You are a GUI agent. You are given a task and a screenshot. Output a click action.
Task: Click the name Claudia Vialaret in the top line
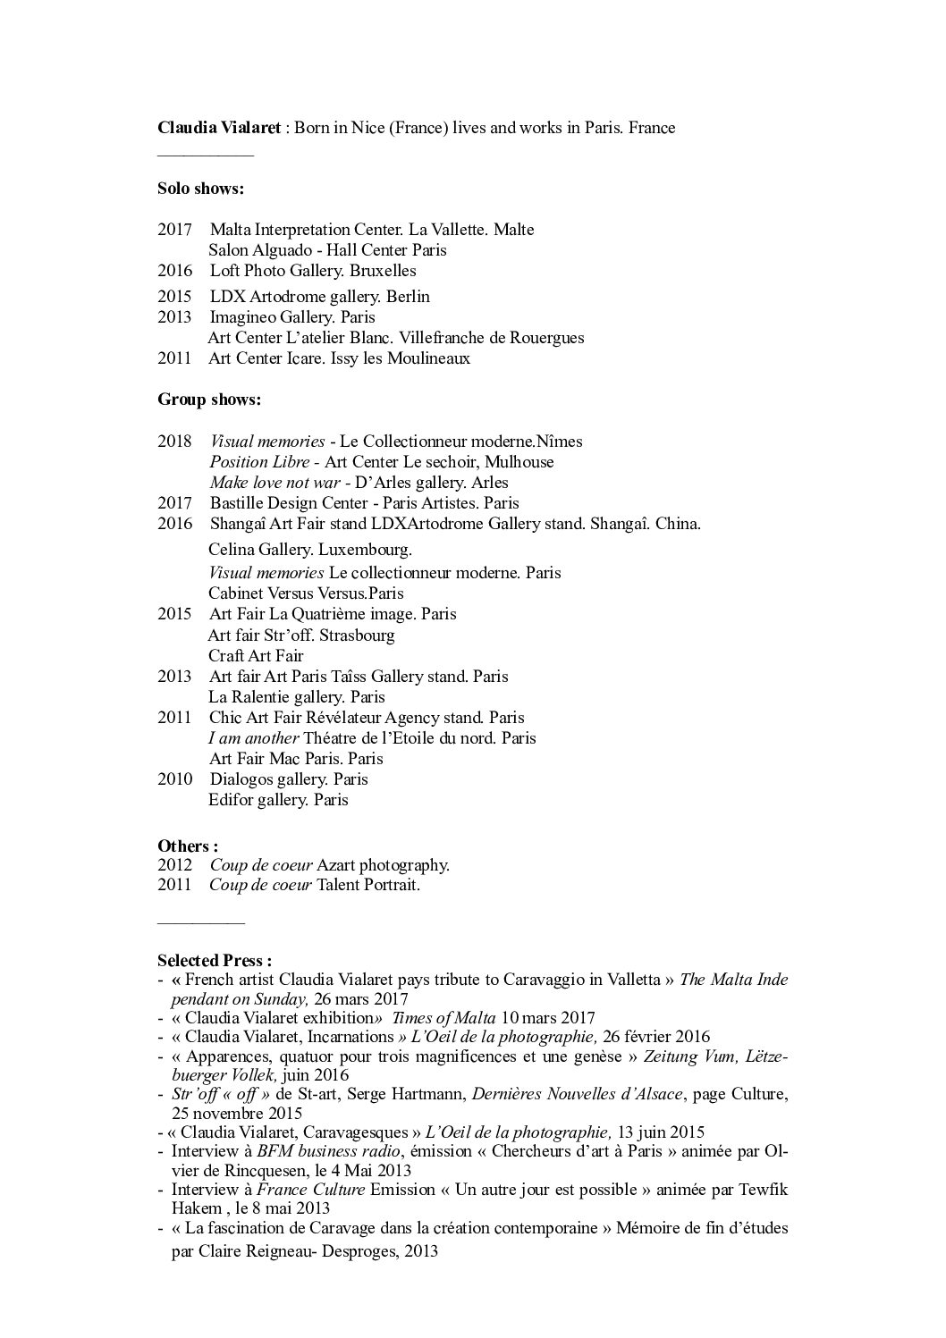[218, 127]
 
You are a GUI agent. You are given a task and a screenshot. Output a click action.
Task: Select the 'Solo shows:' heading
[200, 189]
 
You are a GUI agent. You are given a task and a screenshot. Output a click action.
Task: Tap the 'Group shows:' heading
[209, 400]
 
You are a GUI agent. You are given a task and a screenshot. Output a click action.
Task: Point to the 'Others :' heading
[188, 846]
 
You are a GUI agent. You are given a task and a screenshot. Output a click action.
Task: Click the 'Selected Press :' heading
[215, 961]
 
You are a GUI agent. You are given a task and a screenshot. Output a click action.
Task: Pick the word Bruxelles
[383, 270]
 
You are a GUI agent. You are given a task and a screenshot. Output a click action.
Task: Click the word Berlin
[408, 296]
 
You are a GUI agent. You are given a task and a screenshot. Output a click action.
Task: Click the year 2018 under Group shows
[174, 441]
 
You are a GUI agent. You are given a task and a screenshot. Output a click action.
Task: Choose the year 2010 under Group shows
[174, 778]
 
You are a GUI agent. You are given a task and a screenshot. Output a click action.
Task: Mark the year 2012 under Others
[174, 864]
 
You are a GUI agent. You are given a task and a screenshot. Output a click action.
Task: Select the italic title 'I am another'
[254, 737]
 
